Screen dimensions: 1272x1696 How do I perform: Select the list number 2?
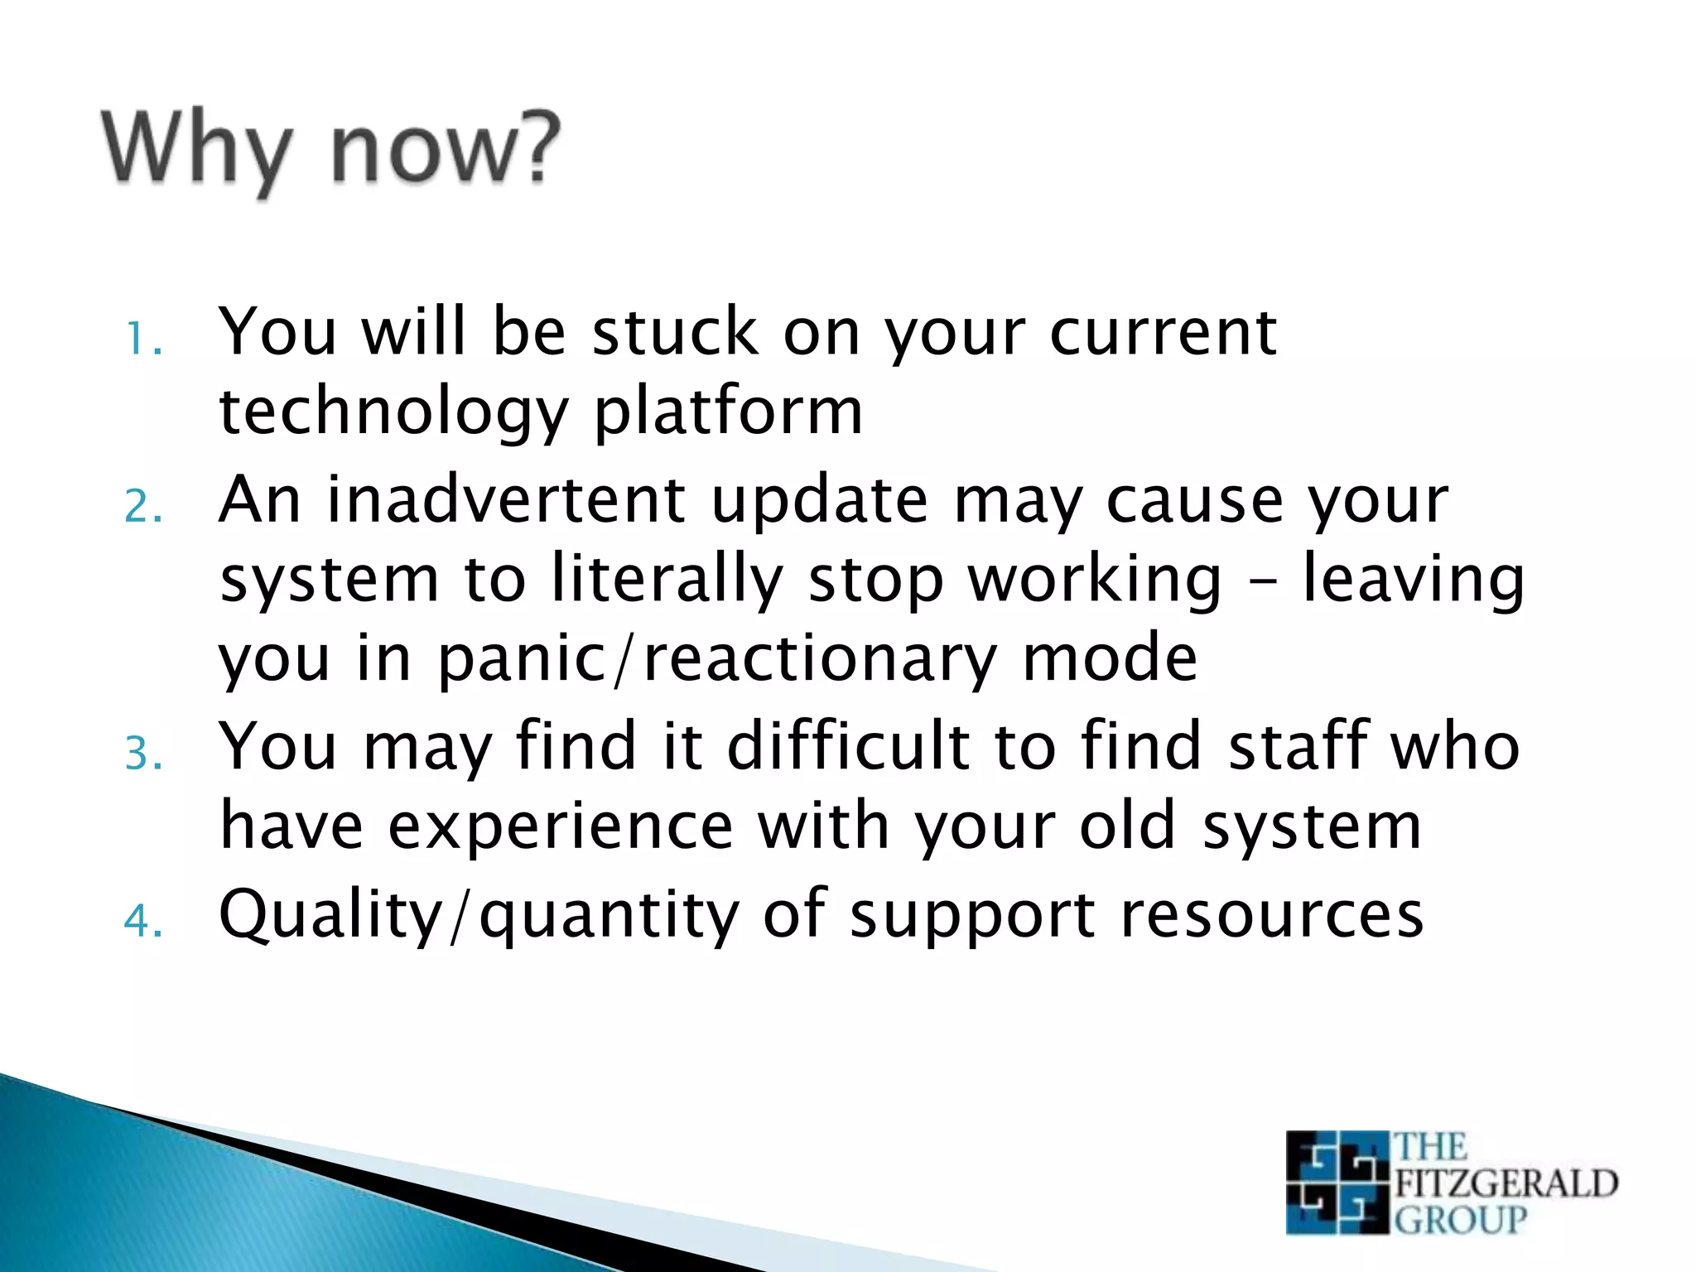coord(142,507)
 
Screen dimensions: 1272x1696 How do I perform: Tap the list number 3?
coord(142,754)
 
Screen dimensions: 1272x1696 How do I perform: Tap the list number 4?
coord(142,921)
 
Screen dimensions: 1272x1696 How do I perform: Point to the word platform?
coord(729,412)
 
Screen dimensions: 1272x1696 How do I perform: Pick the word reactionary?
coord(821,658)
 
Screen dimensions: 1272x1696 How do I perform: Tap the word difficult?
coord(848,745)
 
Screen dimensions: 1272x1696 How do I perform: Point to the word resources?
coord(1271,914)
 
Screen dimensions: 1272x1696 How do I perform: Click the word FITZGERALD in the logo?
coord(1506,1183)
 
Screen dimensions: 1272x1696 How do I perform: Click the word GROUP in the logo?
coord(1460,1220)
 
